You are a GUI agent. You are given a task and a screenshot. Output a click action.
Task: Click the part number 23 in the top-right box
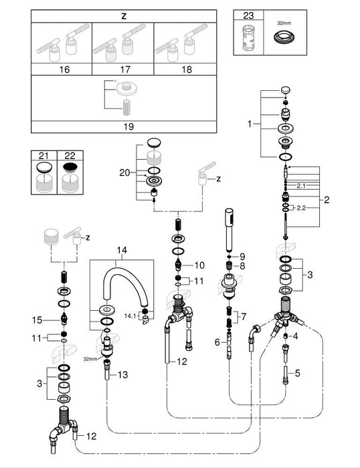[248, 15]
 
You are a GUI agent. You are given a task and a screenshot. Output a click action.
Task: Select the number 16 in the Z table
[64, 70]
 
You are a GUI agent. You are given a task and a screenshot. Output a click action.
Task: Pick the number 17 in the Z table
[126, 70]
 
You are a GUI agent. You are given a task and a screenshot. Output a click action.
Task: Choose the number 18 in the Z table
[187, 70]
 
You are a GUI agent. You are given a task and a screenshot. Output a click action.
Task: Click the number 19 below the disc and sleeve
[128, 126]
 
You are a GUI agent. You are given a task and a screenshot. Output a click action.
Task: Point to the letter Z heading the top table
[124, 16]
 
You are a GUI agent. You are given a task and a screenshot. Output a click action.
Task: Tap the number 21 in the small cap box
[43, 156]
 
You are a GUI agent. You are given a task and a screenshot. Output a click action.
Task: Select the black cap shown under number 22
[70, 168]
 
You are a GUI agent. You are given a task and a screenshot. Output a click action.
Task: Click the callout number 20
[124, 172]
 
